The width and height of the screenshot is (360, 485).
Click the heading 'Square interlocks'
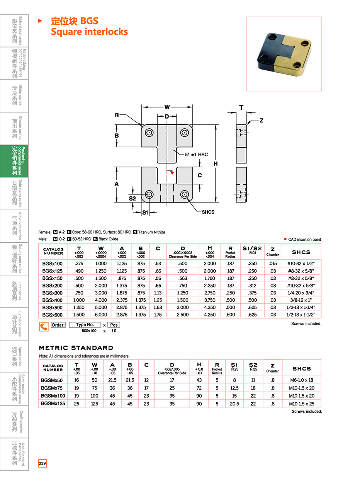click(89, 32)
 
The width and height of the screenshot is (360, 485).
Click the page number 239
click(42, 463)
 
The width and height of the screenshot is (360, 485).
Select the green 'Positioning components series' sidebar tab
click(14, 161)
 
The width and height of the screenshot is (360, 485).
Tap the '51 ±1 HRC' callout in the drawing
click(196, 155)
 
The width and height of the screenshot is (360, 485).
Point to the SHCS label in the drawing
click(208, 212)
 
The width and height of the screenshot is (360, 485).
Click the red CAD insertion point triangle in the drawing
click(172, 172)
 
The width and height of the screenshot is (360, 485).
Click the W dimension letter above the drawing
click(167, 107)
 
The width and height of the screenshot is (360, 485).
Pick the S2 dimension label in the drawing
click(132, 198)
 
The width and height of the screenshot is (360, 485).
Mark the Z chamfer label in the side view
click(262, 121)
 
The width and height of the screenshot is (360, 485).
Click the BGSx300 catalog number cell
click(53, 293)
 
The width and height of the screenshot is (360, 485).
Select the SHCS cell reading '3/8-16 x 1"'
click(301, 300)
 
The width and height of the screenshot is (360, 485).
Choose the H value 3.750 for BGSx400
click(210, 300)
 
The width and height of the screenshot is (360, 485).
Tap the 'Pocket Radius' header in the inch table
click(230, 255)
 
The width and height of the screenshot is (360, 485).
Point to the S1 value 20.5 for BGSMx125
click(234, 404)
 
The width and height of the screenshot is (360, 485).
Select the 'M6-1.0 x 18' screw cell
click(302, 380)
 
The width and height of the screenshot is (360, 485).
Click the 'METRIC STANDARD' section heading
click(76, 348)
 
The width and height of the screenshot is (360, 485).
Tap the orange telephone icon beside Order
click(44, 327)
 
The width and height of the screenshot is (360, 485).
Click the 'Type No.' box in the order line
click(85, 325)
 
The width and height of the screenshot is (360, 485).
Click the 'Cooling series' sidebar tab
click(14, 422)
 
